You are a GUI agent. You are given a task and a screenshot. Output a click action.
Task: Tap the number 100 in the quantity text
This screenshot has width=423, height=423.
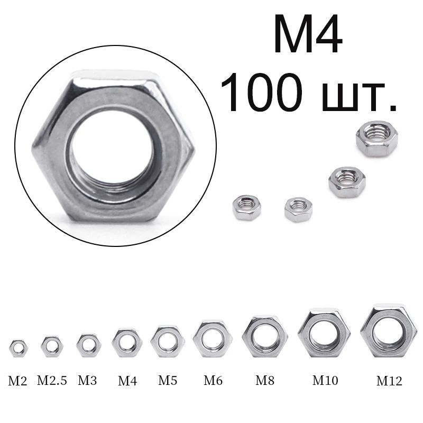click(261, 92)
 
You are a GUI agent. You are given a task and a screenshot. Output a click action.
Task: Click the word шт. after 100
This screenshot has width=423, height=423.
click(360, 97)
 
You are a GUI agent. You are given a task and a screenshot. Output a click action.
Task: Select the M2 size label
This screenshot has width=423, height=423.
click(17, 381)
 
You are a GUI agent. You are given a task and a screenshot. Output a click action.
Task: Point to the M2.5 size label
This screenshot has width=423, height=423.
click(52, 380)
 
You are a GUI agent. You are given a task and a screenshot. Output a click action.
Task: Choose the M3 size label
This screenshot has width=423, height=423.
click(87, 380)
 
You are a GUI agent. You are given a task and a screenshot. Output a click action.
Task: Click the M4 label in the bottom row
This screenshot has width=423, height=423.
click(127, 381)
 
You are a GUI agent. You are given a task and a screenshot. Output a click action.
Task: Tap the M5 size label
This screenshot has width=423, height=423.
click(168, 380)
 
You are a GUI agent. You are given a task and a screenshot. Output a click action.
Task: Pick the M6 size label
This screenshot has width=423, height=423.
click(213, 380)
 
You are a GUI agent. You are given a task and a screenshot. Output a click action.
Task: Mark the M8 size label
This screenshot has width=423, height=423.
click(265, 380)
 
